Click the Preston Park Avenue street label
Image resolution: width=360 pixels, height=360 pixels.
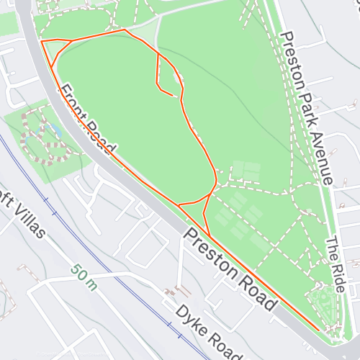[x=307, y=108]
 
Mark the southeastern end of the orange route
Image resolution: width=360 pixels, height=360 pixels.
[x=319, y=329]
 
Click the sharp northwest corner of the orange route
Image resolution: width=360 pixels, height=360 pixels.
[x=42, y=42]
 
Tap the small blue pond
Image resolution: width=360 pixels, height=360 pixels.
[x=52, y=130]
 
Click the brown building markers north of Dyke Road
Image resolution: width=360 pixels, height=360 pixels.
[x=177, y=292]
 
